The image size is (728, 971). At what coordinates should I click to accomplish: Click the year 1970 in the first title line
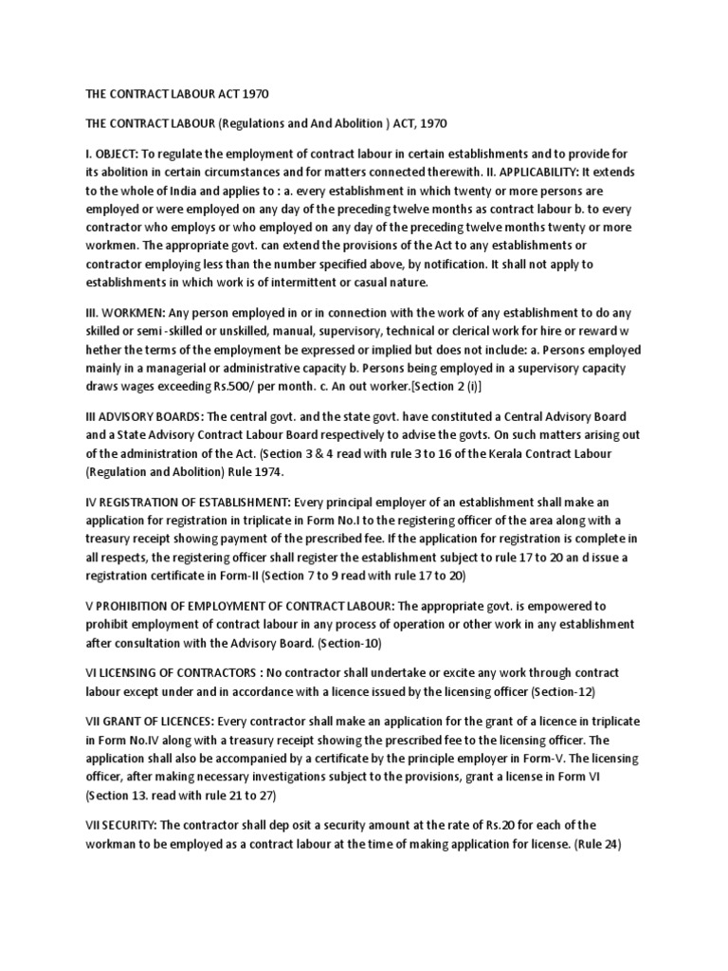point(257,95)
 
